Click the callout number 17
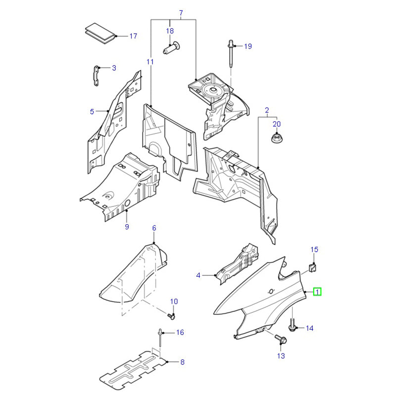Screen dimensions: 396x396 (133, 36)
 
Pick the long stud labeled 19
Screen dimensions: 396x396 (232, 54)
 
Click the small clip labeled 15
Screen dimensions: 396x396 (313, 268)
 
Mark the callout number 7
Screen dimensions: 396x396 (181, 12)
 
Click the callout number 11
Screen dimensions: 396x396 (150, 62)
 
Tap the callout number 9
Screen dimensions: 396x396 (127, 227)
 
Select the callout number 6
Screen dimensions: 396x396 (154, 228)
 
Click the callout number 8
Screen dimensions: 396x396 (182, 362)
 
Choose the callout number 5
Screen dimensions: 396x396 (92, 112)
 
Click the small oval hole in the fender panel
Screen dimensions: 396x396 (271, 290)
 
